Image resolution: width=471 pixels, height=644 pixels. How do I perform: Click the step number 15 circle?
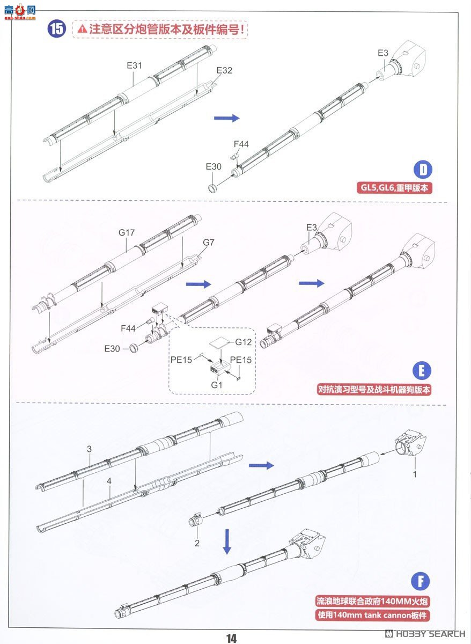57,29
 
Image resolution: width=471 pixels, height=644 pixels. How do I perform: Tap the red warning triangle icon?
82,29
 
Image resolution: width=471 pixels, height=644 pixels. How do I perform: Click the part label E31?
134,65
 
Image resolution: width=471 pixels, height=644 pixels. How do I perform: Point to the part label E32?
224,70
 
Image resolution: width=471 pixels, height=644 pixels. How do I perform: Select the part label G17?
127,233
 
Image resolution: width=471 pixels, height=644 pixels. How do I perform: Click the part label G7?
208,243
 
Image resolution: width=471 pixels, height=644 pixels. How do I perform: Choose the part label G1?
216,385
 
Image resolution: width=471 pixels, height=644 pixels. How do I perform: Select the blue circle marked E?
423,371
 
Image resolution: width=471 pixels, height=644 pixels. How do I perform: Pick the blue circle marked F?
422,581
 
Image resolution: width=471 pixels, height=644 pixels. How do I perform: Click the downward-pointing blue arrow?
227,541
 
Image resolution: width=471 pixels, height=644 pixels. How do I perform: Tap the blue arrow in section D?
226,118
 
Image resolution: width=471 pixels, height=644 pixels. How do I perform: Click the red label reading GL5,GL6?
396,188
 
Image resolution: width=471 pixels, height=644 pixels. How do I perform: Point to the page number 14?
231,638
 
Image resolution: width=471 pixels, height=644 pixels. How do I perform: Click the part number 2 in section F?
197,543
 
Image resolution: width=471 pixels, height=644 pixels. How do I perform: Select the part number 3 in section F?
90,449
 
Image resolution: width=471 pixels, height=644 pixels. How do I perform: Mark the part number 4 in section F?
109,481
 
